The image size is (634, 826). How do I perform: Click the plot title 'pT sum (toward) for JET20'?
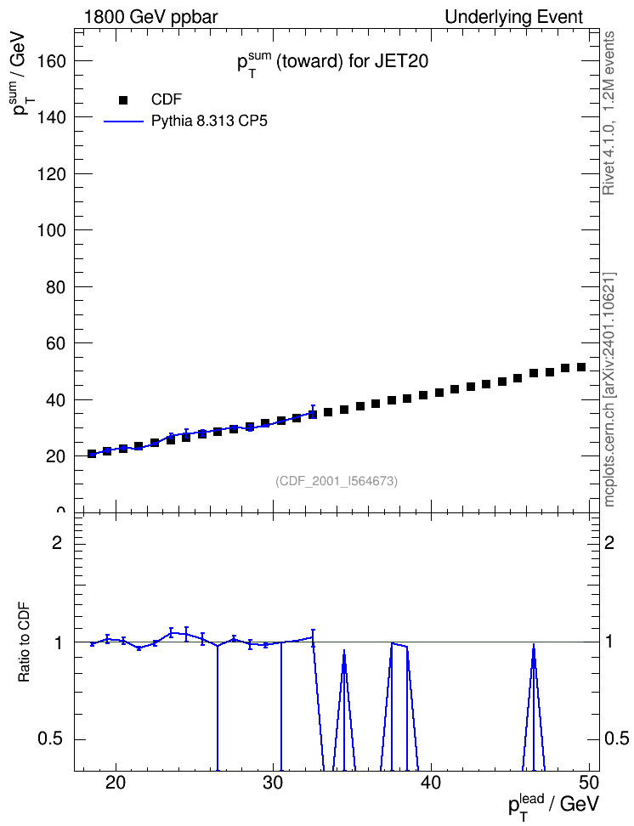tap(332, 63)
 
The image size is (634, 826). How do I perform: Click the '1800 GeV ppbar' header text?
tap(150, 17)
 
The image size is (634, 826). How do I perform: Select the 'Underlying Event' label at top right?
tap(514, 17)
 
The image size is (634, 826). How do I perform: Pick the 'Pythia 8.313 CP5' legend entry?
tap(185, 122)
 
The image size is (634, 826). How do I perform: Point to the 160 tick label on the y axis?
tap(52, 61)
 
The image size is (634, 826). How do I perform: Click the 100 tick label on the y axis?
tap(52, 230)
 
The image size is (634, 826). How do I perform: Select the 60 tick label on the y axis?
tap(56, 343)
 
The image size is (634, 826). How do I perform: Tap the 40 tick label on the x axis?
tap(431, 783)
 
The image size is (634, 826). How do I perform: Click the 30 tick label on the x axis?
tap(274, 783)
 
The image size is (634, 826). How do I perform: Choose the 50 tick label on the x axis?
tap(589, 783)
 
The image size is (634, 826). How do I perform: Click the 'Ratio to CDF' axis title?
tap(25, 642)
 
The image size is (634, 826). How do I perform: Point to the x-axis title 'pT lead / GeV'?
tap(554, 805)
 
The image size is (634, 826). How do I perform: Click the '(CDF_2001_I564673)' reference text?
tap(337, 481)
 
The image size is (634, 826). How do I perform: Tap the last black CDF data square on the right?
tap(581, 367)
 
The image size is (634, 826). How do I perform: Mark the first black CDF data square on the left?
tap(92, 454)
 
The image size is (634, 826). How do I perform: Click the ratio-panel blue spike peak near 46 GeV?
tap(534, 644)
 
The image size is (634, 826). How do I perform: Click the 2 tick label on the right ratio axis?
tap(609, 542)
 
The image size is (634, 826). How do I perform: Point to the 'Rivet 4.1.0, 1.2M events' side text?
tap(609, 113)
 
